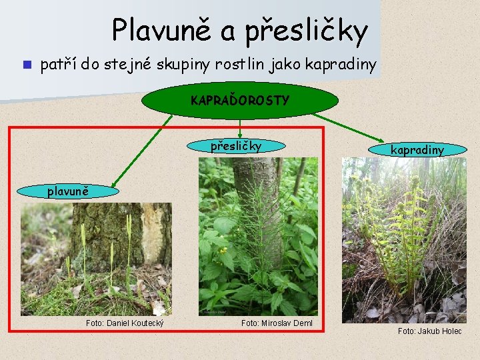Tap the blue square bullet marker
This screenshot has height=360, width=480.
point(25,65)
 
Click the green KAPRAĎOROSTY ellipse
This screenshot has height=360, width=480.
point(240,101)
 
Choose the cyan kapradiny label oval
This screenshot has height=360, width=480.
point(417,150)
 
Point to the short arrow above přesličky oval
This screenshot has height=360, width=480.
point(240,128)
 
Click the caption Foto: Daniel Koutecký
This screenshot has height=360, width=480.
point(125,323)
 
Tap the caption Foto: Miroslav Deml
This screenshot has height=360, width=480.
point(277,323)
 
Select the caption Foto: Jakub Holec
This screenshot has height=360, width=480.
point(429,331)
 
